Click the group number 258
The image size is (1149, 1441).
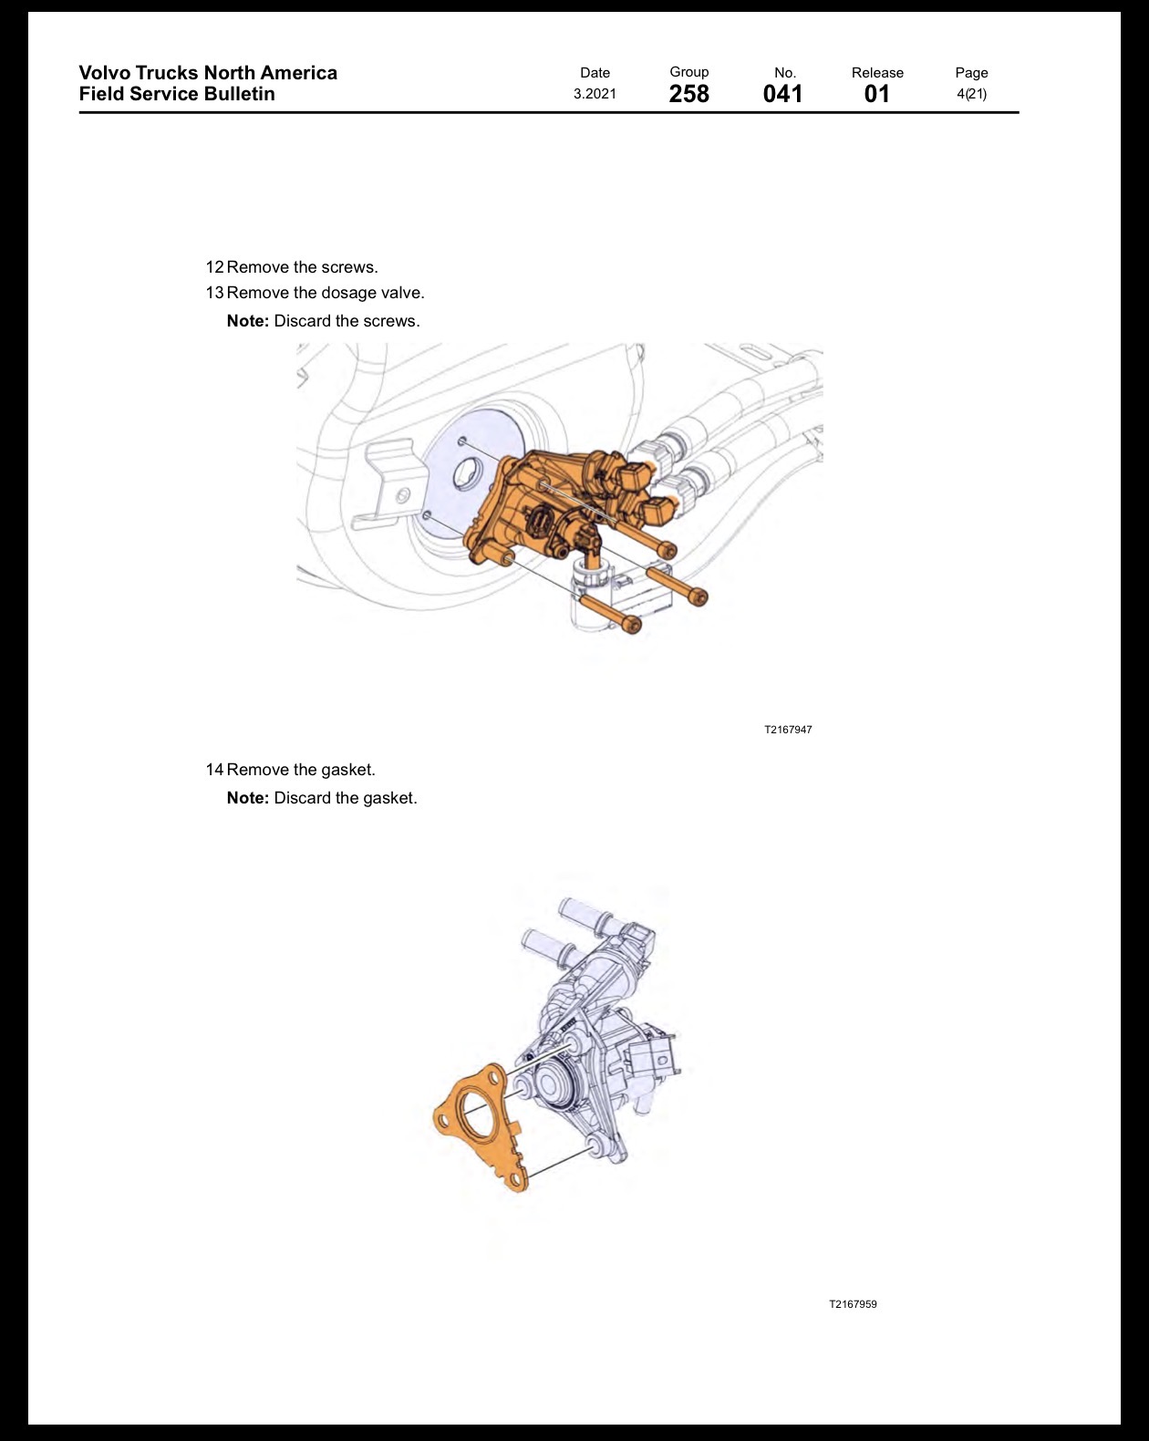[x=689, y=94]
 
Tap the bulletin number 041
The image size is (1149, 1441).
[x=782, y=94]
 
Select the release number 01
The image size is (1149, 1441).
[x=877, y=94]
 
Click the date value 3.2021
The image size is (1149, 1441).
[x=595, y=94]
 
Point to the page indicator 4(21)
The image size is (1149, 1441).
[x=971, y=94]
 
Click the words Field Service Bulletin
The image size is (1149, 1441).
[x=177, y=94]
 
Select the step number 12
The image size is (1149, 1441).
[x=214, y=267]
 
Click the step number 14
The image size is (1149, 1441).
[x=214, y=770]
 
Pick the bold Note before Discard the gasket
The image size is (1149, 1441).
[x=248, y=798]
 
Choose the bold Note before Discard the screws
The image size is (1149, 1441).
[x=248, y=321]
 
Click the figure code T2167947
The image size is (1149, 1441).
[x=788, y=730]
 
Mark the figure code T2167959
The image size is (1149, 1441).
[x=853, y=1304]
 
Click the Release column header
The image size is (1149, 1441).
[x=877, y=72]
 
